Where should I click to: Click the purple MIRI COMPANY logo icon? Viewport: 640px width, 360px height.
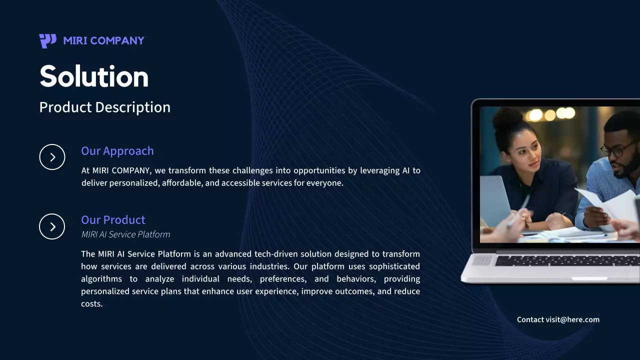(x=47, y=41)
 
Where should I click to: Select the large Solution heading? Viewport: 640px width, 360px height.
(x=94, y=76)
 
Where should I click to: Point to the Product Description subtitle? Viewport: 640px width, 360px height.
(x=104, y=107)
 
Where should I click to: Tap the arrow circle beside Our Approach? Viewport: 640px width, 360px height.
(x=52, y=157)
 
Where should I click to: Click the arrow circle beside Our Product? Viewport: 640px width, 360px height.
(x=52, y=226)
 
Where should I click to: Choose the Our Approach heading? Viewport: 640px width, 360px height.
(x=117, y=151)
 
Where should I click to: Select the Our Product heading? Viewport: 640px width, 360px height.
(x=113, y=220)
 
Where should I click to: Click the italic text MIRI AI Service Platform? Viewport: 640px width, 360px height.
(x=125, y=234)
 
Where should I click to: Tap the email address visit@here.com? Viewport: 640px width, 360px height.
(x=572, y=319)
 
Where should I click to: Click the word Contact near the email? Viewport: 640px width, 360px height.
(x=530, y=319)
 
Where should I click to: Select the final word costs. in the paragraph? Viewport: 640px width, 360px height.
(x=92, y=304)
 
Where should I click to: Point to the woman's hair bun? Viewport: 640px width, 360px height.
(x=507, y=120)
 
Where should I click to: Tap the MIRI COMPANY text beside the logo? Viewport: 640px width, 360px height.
(x=104, y=41)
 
